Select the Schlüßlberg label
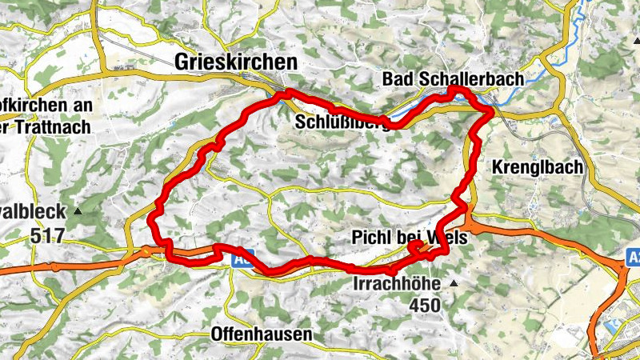click(x=343, y=123)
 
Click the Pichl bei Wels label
click(x=409, y=238)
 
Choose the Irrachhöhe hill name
click(x=398, y=284)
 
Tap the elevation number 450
click(x=425, y=305)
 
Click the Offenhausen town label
click(x=261, y=334)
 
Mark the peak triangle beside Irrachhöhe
click(x=454, y=284)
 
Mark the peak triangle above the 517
click(x=78, y=212)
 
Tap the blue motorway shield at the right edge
click(x=631, y=258)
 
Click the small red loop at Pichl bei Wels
click(x=418, y=249)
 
